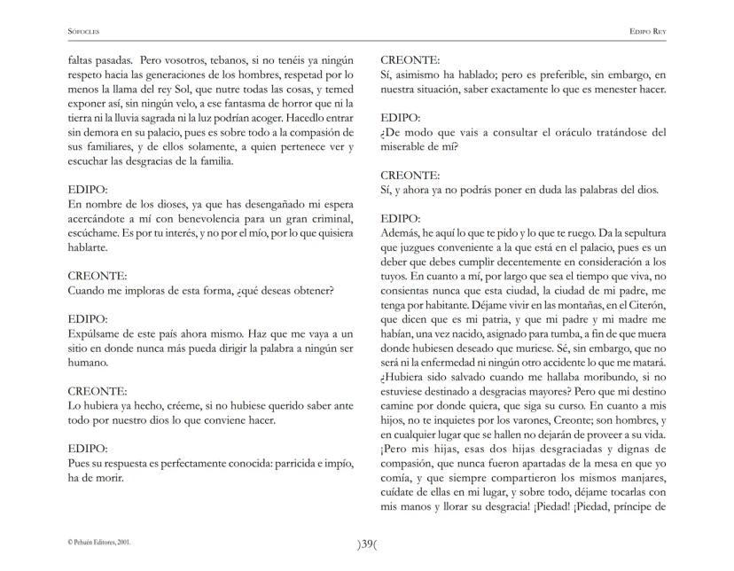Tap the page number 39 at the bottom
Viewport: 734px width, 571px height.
pos(367,544)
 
